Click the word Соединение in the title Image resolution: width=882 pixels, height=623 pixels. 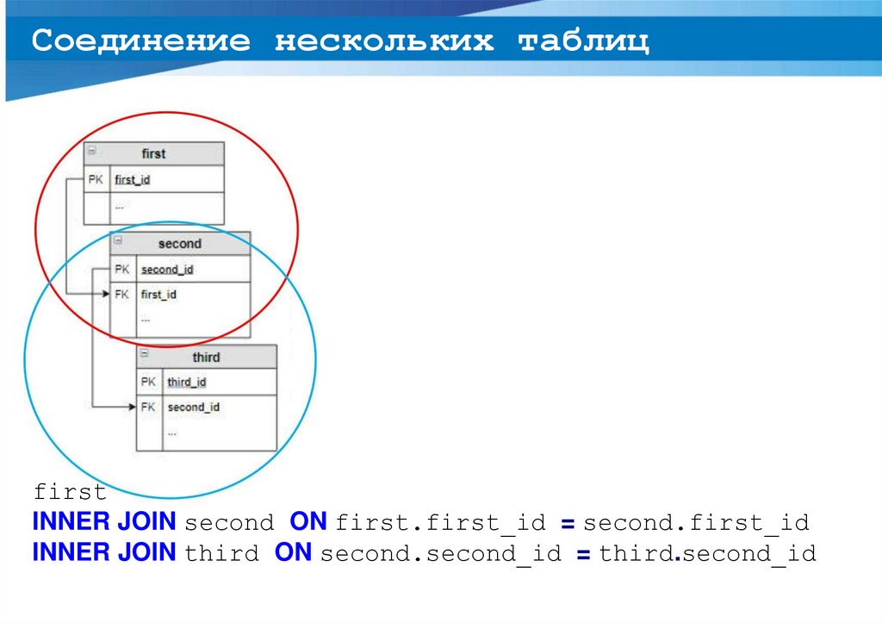141,41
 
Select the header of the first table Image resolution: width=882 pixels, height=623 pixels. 153,153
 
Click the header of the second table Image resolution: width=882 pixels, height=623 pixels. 179,244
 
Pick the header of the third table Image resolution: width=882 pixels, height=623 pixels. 206,357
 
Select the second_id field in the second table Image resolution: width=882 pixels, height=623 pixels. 166,270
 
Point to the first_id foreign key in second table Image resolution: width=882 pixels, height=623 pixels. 158,295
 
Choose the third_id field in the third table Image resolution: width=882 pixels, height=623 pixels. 186,382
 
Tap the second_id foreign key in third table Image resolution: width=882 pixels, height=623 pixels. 193,407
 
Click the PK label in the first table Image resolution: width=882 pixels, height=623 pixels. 96,180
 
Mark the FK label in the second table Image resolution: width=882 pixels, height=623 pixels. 122,295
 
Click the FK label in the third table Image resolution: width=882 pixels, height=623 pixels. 148,407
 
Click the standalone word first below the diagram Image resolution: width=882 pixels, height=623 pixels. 70,493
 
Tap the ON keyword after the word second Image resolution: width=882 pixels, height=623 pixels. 307,522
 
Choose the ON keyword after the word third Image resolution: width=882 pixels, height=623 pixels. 293,552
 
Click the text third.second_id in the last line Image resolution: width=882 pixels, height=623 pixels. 707,553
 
